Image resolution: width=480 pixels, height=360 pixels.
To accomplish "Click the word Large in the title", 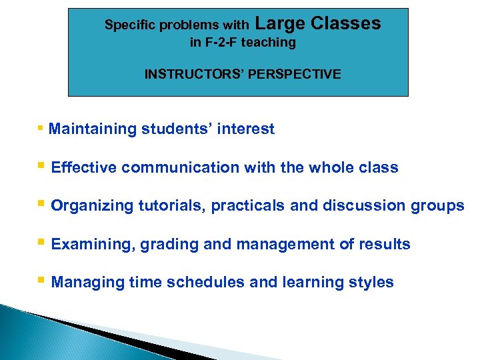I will (x=280, y=24).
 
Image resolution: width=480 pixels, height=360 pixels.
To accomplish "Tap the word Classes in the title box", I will (x=346, y=24).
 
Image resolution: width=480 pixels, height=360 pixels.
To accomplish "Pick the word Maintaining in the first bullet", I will (x=93, y=129).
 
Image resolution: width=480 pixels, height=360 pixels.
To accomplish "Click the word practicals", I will (x=248, y=207).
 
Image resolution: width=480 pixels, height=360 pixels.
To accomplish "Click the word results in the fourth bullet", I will (x=385, y=245).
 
